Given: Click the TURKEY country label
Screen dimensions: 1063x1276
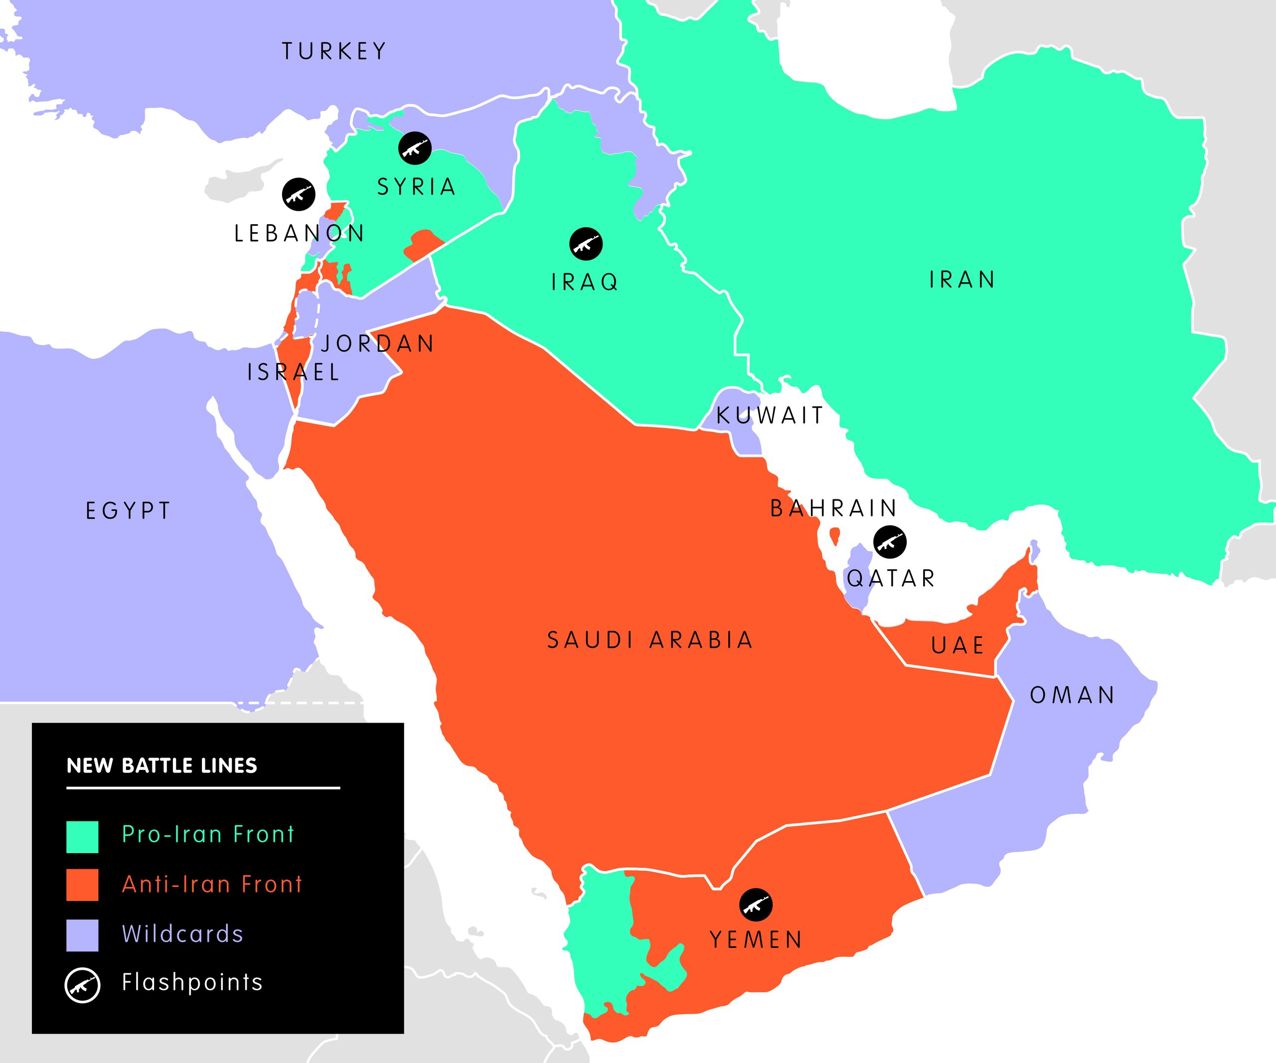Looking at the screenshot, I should (x=333, y=51).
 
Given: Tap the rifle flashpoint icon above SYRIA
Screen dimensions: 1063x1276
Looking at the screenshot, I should (x=415, y=148).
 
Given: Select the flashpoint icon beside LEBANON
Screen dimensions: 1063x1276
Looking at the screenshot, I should (x=299, y=194).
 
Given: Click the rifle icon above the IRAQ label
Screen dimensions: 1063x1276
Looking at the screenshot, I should (x=586, y=244).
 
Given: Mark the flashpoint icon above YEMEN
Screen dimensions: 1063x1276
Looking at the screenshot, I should (x=756, y=905).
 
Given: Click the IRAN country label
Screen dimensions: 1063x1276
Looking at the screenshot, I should (x=962, y=280).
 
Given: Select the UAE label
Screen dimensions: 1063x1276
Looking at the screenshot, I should (x=957, y=645).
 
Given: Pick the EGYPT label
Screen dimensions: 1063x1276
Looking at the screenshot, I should (x=128, y=511).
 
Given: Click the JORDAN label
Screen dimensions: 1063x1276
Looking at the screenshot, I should (x=377, y=344).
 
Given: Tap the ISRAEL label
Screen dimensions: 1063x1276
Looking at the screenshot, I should (x=293, y=372).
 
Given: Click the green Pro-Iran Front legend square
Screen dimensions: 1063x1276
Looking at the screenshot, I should (x=82, y=837).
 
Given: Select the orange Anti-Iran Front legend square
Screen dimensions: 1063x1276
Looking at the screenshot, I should (x=82, y=885).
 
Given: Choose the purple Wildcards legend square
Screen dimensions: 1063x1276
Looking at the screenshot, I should (x=82, y=935).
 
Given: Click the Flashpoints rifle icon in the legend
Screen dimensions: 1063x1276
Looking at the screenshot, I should (x=82, y=985).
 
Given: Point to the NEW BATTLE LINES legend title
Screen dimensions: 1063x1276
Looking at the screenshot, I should (x=161, y=766).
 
